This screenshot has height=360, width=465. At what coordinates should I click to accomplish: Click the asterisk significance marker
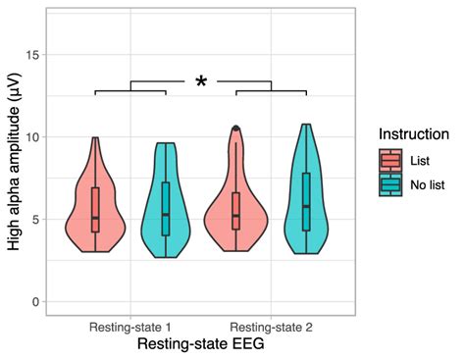point(201,83)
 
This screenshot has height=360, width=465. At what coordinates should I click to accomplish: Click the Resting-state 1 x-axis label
point(131,325)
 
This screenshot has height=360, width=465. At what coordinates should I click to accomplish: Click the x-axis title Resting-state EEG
point(201,345)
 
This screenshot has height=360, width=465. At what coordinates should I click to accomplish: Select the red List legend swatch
point(390,159)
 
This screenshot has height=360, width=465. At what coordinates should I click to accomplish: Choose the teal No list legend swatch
point(390,183)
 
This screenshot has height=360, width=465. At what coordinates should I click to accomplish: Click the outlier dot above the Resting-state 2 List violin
point(235,129)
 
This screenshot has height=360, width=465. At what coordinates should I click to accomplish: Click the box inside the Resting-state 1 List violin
point(95,209)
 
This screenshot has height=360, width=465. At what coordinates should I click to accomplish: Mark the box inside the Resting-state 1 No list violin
point(166,208)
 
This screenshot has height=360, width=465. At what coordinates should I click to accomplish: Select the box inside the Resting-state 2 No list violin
point(306,201)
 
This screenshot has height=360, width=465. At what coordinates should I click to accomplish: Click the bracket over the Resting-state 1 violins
point(130,89)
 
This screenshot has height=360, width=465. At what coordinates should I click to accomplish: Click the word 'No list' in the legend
point(429,183)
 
